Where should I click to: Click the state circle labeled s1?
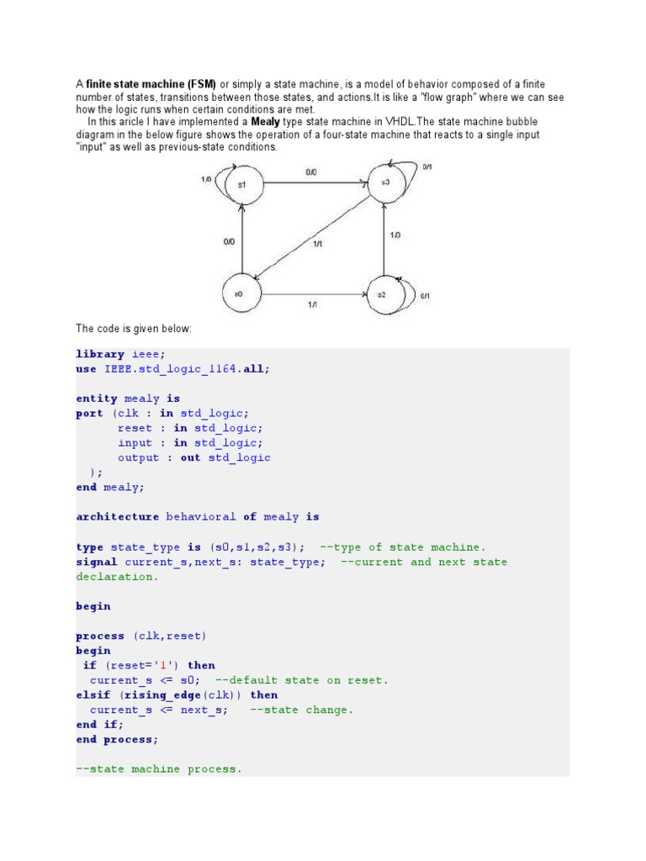242,184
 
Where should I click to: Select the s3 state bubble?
384,182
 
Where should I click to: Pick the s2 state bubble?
383,294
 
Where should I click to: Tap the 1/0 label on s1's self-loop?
207,179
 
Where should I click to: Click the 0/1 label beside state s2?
425,296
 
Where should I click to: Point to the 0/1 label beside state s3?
426,166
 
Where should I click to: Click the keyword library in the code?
100,354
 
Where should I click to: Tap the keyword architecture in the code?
117,517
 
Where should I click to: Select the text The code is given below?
134,328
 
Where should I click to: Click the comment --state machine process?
158,769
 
